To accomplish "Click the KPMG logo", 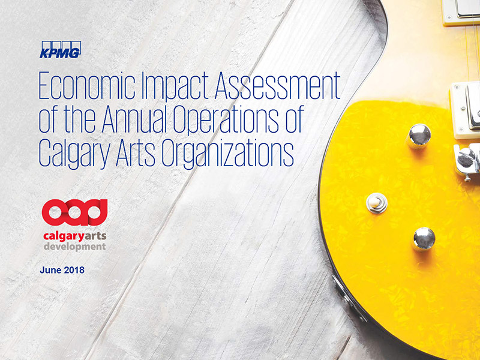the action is pyautogui.click(x=61, y=49).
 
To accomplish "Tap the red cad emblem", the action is pyautogui.click(x=74, y=212).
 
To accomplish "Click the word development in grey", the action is pyautogui.click(x=74, y=247).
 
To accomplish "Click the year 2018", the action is pyautogui.click(x=73, y=270).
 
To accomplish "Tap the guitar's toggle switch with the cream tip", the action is pyautogui.click(x=377, y=203).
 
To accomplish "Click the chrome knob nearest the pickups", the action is pyautogui.click(x=419, y=136).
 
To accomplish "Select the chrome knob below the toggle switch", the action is pyautogui.click(x=424, y=239).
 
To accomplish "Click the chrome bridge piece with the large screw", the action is pyautogui.click(x=467, y=161).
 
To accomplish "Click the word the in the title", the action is pyautogui.click(x=78, y=119).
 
